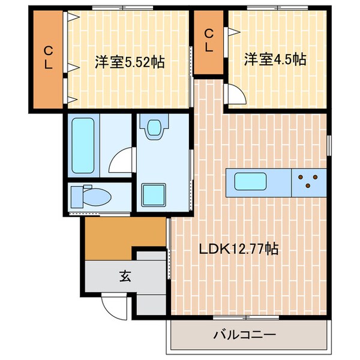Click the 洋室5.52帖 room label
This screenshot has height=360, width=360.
pyautogui.click(x=128, y=61)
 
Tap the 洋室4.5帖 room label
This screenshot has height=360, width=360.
pyautogui.click(x=275, y=59)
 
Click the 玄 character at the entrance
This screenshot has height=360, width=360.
pyautogui.click(x=124, y=277)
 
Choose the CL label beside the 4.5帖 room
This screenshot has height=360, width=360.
pyautogui.click(x=208, y=40)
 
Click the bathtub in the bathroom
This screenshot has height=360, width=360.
pyautogui.click(x=83, y=145)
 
